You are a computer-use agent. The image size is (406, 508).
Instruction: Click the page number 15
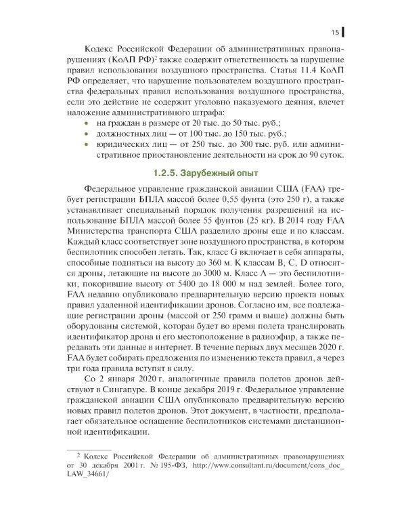click(x=334, y=32)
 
